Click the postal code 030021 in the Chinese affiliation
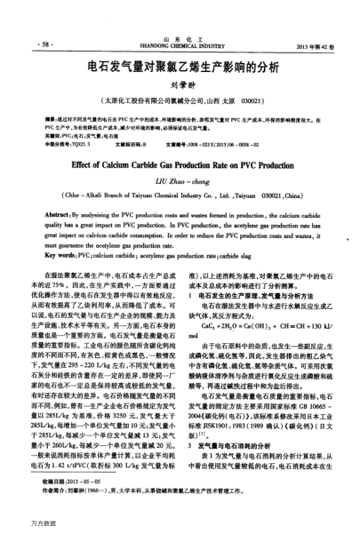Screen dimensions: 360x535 (252, 101)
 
